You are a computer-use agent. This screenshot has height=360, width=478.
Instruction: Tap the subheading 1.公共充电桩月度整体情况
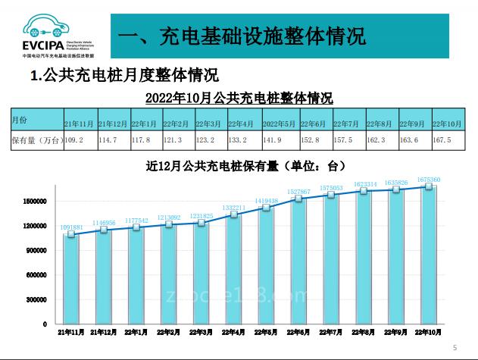124,77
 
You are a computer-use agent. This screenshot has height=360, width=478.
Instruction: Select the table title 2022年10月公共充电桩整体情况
239,99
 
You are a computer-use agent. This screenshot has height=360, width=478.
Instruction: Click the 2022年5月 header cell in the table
279,122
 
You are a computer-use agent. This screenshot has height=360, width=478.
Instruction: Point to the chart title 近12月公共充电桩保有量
246,166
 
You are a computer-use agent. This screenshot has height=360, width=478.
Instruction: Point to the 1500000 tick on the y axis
34,202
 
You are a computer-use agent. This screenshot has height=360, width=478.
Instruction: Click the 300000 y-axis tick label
37,299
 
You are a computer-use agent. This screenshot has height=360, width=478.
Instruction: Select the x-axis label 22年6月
300,332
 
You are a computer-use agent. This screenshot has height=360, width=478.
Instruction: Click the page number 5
455,347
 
